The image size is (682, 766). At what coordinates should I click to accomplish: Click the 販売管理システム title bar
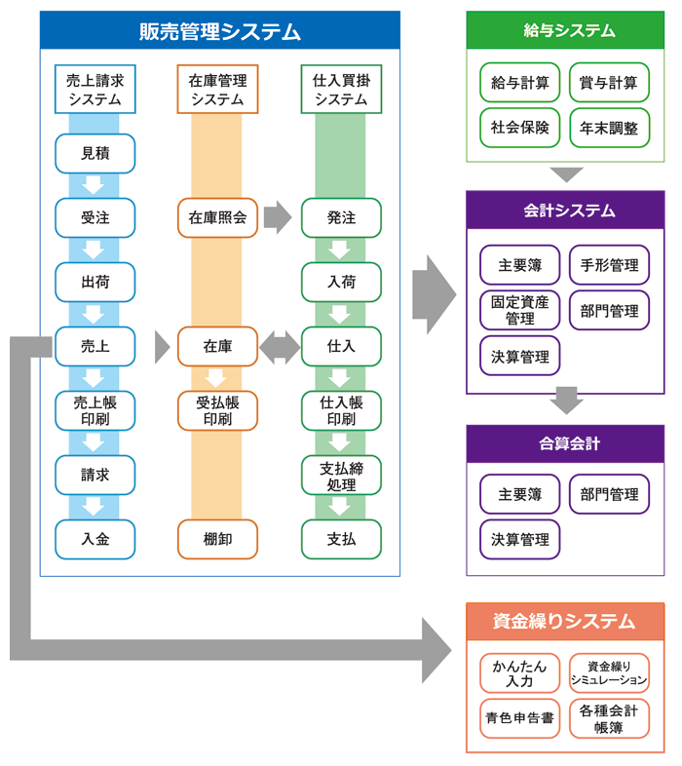click(x=219, y=30)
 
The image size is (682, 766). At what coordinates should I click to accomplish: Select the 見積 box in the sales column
click(x=95, y=154)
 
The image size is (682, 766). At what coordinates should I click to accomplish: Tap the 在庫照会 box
click(x=217, y=217)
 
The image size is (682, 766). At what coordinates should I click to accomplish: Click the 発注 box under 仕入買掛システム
click(x=341, y=217)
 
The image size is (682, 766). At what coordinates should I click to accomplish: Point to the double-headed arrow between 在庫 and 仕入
click(x=280, y=347)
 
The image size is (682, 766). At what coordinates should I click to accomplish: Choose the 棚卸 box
click(x=217, y=539)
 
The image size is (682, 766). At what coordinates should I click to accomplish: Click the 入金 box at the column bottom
click(x=95, y=539)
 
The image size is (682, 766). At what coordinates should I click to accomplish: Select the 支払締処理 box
click(x=341, y=476)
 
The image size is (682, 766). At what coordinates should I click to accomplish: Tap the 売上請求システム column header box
click(x=95, y=90)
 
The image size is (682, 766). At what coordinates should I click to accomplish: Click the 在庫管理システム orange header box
click(x=217, y=90)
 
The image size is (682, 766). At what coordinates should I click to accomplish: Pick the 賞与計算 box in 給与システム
click(x=609, y=83)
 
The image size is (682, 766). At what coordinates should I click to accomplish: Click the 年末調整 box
click(x=609, y=128)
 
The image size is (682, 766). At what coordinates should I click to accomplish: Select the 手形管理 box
click(x=609, y=265)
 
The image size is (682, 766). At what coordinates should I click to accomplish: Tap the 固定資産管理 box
click(x=520, y=310)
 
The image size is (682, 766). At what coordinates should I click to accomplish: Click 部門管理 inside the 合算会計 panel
click(x=609, y=493)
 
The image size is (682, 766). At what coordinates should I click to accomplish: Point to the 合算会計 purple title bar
click(x=565, y=443)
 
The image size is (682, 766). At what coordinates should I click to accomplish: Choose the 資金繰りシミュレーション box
click(x=609, y=673)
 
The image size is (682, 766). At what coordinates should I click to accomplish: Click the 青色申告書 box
click(x=520, y=718)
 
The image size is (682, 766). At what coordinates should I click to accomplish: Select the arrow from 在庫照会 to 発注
click(x=278, y=217)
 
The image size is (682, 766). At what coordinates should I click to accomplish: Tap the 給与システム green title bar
click(x=565, y=30)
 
